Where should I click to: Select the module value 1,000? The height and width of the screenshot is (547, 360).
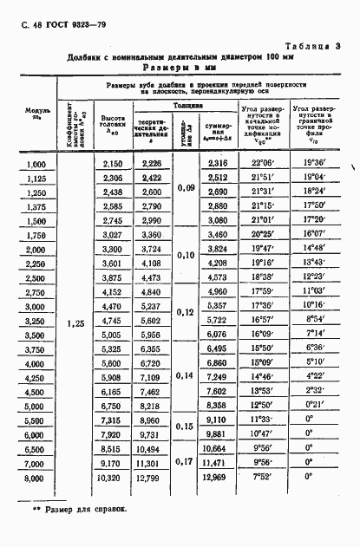tap(36, 164)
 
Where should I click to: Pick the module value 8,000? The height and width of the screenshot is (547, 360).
tap(36, 477)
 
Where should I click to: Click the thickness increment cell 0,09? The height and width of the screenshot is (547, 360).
tap(186, 188)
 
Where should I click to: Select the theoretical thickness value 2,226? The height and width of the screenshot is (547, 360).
tap(151, 164)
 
